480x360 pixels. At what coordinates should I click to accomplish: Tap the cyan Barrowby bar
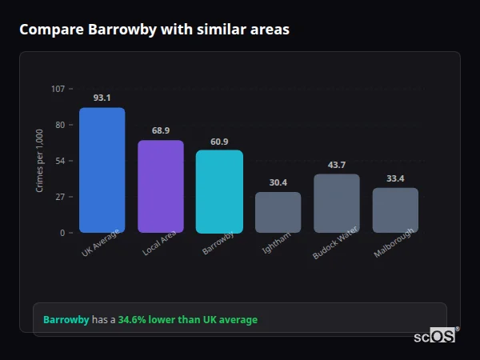tap(219, 191)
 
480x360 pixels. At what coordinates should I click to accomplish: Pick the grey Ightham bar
tap(278, 212)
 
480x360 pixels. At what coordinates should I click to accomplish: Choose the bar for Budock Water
tap(337, 203)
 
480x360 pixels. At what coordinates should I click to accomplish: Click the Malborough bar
tap(395, 210)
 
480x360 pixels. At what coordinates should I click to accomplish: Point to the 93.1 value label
tap(102, 98)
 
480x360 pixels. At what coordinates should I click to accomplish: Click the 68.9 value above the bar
tap(161, 130)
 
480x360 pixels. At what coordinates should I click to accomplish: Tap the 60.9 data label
tap(219, 141)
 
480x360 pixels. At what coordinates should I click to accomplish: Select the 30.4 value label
tap(278, 182)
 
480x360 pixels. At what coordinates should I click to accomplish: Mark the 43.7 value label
tap(337, 165)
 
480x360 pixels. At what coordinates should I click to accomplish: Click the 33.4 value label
tap(395, 178)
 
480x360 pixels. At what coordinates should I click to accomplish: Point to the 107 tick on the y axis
tap(58, 89)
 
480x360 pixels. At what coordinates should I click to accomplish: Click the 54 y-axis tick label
tap(60, 161)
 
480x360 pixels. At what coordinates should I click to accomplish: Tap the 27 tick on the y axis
tap(60, 197)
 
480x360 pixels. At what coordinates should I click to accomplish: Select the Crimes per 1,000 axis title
tap(39, 161)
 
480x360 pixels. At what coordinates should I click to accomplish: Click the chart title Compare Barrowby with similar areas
tap(154, 30)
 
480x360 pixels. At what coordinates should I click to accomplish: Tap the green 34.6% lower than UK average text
tap(188, 320)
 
